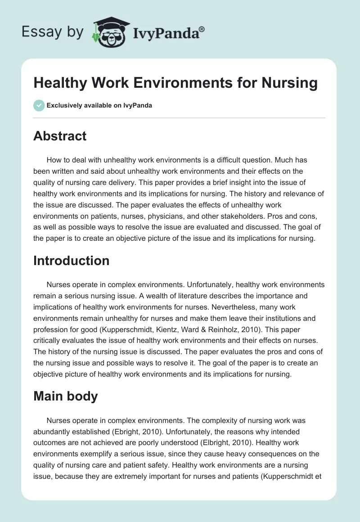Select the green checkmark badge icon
click(x=39, y=105)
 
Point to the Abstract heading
click(x=60, y=136)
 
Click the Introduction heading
click(x=71, y=261)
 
